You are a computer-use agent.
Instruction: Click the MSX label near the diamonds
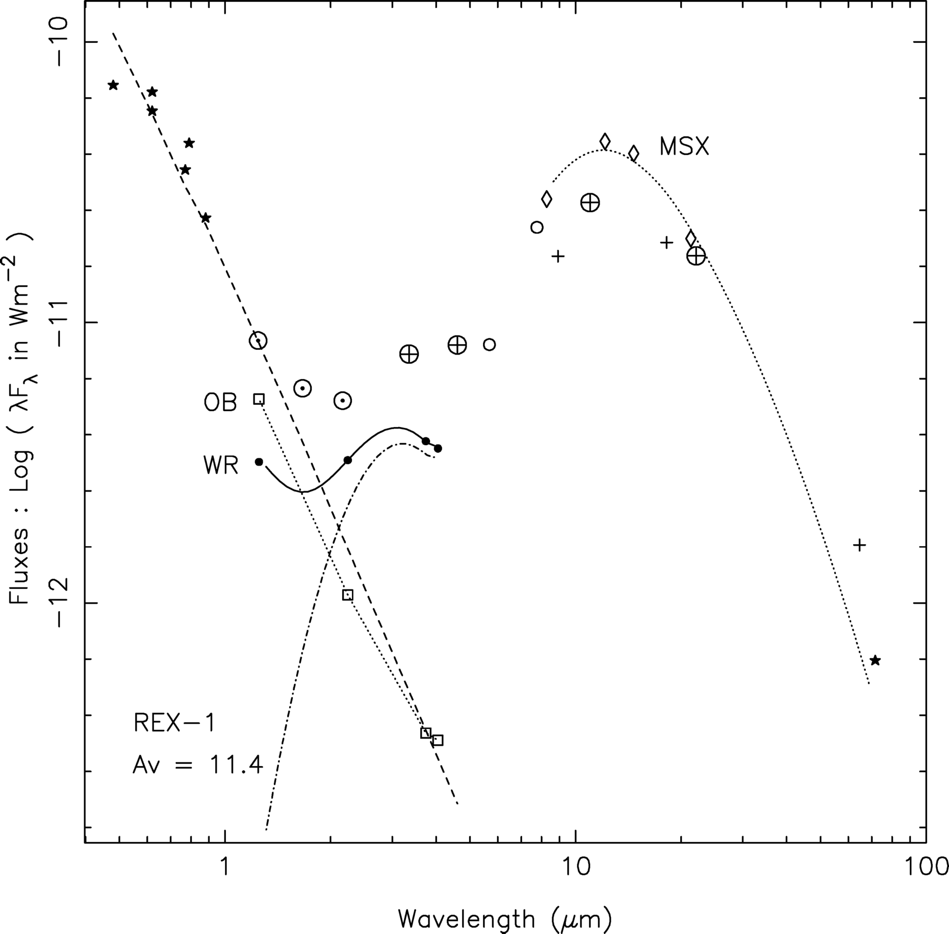coord(684,146)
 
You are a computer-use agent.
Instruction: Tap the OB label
coord(220,403)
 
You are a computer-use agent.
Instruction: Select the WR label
coord(221,465)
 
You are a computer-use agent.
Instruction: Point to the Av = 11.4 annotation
coord(198,765)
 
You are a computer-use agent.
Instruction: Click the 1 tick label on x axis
coord(225,867)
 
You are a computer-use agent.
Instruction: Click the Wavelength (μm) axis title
coord(505,918)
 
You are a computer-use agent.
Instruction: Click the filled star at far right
coord(876,661)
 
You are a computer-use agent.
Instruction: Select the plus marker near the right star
coord(859,545)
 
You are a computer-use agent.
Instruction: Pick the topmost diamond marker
coord(605,141)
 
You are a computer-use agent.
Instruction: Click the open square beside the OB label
coord(259,399)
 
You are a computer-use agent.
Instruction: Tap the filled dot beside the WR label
coord(259,461)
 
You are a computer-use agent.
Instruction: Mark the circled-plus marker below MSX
coord(590,202)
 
